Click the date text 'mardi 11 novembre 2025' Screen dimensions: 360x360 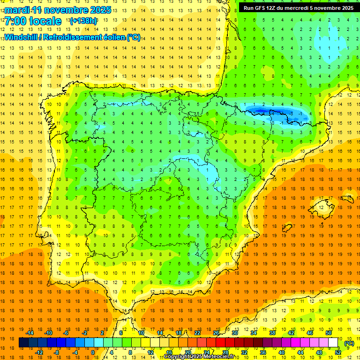[58, 10]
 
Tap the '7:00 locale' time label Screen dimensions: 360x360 [33, 21]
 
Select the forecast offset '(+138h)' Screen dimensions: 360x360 [84, 21]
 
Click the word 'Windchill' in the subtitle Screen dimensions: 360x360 [20, 37]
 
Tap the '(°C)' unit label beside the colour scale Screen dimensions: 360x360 [349, 343]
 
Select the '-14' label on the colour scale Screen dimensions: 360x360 [30, 333]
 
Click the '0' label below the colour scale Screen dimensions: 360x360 [93, 352]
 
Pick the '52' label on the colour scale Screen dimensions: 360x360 [338, 352]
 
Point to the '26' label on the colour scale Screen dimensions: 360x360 [216, 333]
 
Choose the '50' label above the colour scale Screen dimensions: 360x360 [329, 333]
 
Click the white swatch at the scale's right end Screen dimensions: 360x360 [333, 343]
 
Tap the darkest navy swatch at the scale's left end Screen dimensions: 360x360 [24, 343]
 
